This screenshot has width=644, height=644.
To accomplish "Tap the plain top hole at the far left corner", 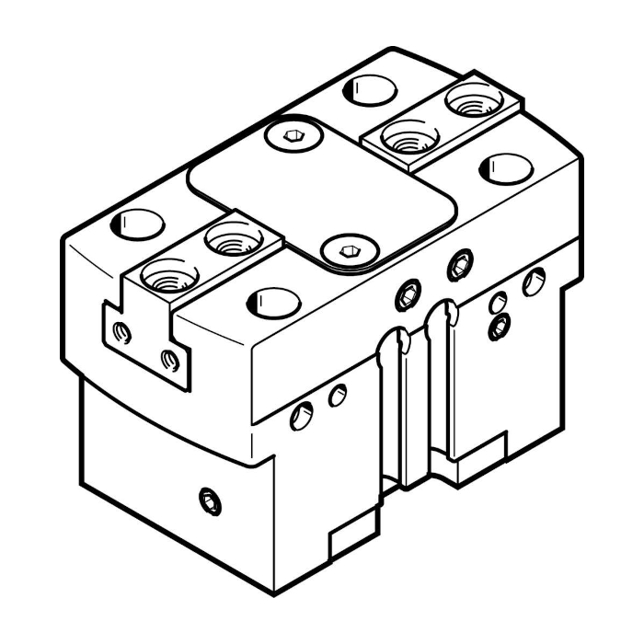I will (136, 223).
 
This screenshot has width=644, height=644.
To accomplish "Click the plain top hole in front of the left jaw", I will (272, 302).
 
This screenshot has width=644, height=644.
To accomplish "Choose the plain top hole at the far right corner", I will (506, 168).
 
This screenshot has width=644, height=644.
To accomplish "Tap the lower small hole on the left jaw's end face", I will (168, 360).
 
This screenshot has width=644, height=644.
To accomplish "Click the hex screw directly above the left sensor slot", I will (407, 294).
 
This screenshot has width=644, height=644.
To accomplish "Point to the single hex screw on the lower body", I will (209, 500).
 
